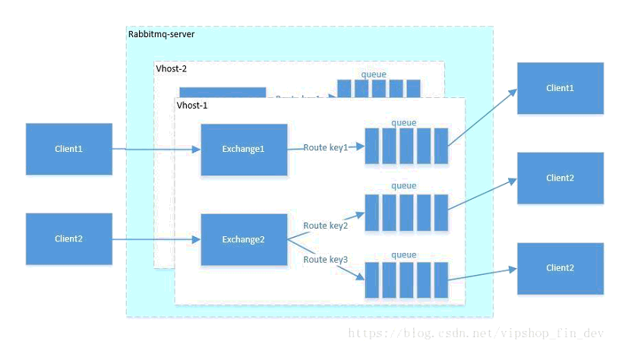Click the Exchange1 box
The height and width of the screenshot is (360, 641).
pos(244,149)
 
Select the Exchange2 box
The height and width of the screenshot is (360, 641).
pos(244,239)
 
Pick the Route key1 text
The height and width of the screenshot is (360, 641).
pos(325,147)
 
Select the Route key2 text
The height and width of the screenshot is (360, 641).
pos(325,226)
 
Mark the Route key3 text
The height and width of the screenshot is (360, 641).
pos(325,260)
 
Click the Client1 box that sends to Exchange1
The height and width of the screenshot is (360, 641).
pos(68,149)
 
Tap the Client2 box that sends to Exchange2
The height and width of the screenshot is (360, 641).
pos(68,238)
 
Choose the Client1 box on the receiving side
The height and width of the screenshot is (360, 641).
pos(560,88)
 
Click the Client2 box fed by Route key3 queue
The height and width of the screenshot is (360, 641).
pos(560,268)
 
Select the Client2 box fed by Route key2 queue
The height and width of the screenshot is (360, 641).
pos(560,178)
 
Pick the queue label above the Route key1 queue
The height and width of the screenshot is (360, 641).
pos(403,122)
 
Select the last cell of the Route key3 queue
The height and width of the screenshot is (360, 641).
pos(440,279)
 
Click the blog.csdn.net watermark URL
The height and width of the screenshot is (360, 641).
pos(476,333)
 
